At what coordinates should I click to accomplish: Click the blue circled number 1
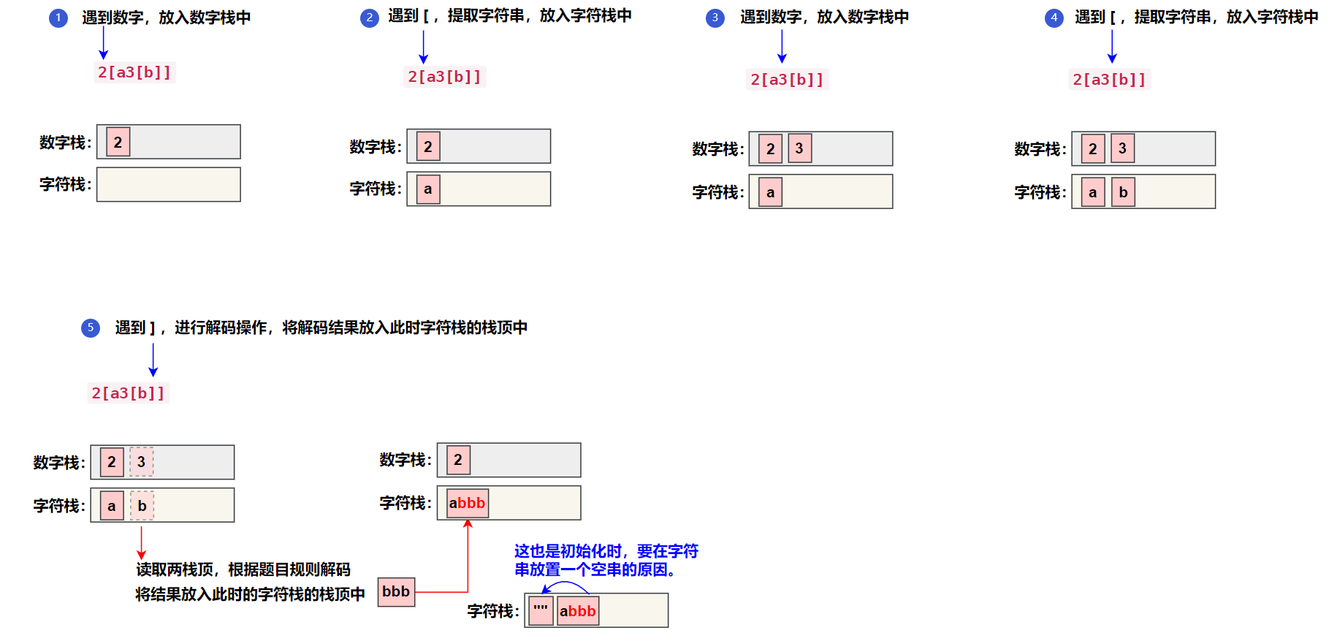[58, 18]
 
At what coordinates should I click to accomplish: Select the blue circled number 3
[715, 18]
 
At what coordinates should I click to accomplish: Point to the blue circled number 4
[1054, 18]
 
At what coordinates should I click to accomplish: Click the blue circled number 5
[91, 328]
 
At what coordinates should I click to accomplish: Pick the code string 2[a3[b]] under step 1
[134, 72]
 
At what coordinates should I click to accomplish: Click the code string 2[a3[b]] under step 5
[128, 393]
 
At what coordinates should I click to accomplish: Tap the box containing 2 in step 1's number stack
[118, 142]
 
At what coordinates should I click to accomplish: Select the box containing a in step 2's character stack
[428, 189]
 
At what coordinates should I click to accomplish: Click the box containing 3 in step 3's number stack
[799, 148]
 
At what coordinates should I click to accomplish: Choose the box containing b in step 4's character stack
[1123, 192]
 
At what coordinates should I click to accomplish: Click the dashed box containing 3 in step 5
[142, 462]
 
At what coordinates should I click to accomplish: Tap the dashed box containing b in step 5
[142, 506]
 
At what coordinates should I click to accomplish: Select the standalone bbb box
[396, 591]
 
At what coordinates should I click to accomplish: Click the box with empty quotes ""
[541, 610]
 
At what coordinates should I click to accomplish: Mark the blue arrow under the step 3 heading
[782, 48]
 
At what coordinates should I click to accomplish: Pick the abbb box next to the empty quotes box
[577, 611]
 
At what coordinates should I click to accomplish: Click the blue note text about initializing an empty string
[606, 560]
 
